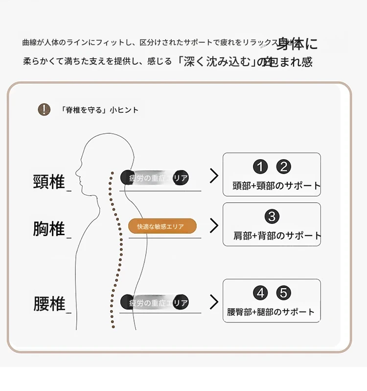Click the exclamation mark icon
pyautogui.click(x=44, y=109)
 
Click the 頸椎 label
pyautogui.click(x=49, y=182)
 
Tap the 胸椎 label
pyautogui.click(x=49, y=229)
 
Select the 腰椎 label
pyautogui.click(x=49, y=304)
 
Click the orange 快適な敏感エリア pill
pyautogui.click(x=162, y=226)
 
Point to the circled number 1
pyautogui.click(x=260, y=167)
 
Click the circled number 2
pyautogui.click(x=283, y=167)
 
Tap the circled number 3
pyautogui.click(x=272, y=216)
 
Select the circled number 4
pyautogui.click(x=260, y=293)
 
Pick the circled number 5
pyautogui.click(x=283, y=293)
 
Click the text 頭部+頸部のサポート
pyautogui.click(x=276, y=186)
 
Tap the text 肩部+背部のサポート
pyautogui.click(x=277, y=236)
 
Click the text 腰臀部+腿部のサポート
pyautogui.click(x=271, y=312)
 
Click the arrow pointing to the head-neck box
pyautogui.click(x=214, y=176)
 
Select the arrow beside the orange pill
pyautogui.click(x=214, y=226)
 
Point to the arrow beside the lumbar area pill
pyautogui.click(x=214, y=302)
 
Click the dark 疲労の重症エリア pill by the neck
pyautogui.click(x=155, y=178)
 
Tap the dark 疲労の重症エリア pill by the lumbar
pyautogui.click(x=155, y=302)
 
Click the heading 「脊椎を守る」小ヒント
pyautogui.click(x=100, y=110)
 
